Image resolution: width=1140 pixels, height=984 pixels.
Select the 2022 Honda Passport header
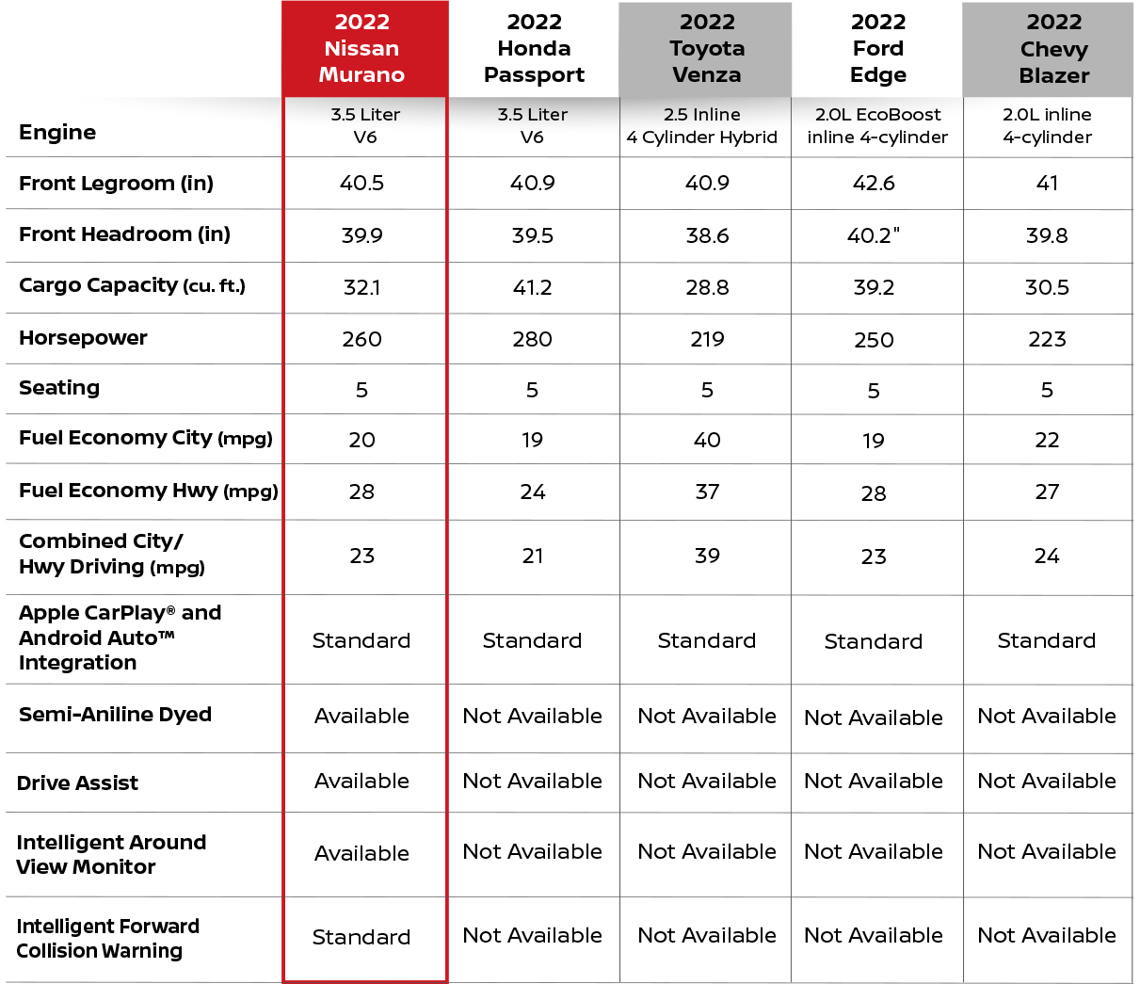534,49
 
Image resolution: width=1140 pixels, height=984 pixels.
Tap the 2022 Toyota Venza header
707,49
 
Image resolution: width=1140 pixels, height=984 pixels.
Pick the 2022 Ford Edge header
878,49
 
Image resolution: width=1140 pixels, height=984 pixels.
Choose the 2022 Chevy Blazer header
1054,49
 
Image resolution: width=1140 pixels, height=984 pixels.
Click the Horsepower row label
83,337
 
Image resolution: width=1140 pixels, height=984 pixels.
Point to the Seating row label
59,388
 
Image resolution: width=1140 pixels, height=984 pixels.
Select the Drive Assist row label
77,782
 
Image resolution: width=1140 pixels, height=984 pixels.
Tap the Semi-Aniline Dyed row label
115,715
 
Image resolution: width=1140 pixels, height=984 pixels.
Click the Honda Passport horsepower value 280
532,339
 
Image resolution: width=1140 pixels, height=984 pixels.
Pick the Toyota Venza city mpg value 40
707,440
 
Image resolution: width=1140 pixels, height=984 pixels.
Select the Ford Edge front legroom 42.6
874,183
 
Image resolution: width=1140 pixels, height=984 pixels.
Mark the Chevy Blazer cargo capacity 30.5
1047,287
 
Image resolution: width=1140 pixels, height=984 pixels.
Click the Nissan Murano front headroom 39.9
361,235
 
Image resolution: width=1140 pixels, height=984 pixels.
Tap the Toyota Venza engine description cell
701,126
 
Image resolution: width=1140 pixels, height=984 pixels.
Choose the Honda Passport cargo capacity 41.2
532,287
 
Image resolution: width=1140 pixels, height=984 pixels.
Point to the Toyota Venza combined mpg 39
707,556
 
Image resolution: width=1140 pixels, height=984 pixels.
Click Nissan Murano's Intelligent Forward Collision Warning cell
361,937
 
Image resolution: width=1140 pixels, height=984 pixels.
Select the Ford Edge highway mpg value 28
874,493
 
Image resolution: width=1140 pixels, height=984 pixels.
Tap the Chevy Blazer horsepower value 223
1047,339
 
